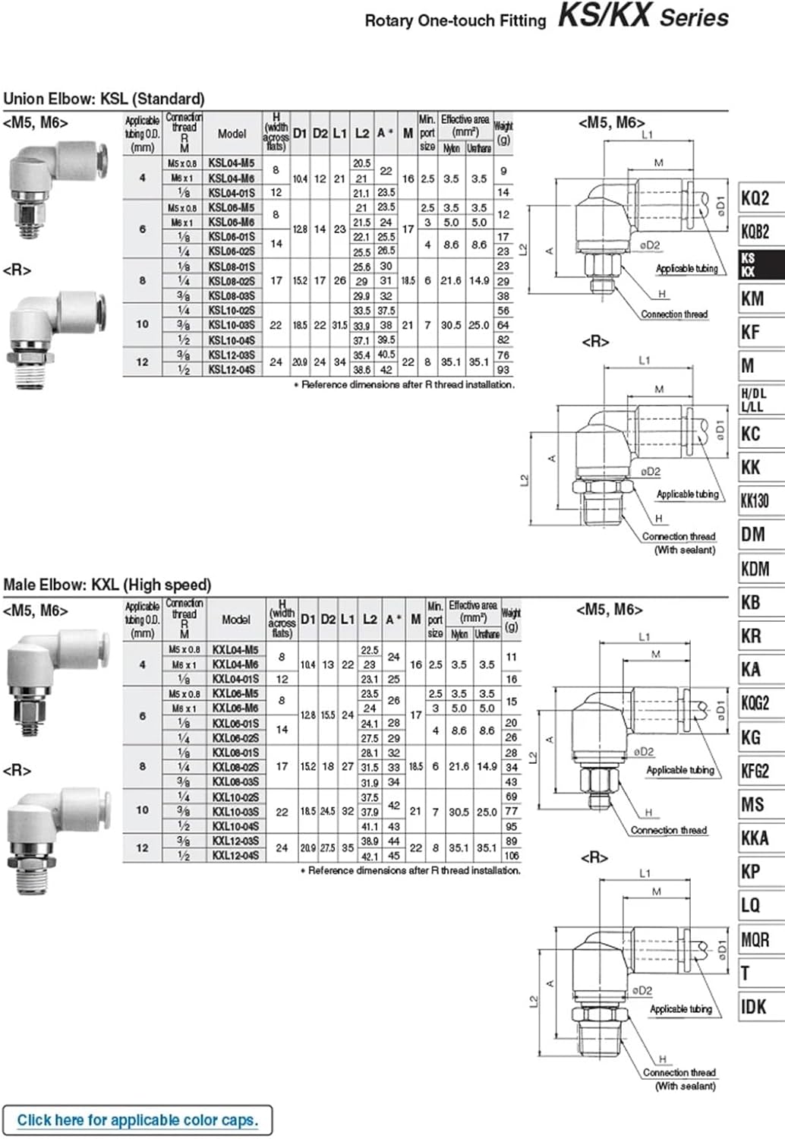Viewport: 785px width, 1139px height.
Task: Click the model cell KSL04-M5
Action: pos(231,163)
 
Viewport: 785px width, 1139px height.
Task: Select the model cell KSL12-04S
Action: pos(231,370)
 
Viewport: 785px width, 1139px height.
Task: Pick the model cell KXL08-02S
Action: pos(235,767)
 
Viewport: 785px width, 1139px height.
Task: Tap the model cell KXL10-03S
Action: pos(235,812)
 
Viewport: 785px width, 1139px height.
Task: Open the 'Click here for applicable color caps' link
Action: pos(137,1120)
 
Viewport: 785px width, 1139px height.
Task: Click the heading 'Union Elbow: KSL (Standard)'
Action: pos(104,99)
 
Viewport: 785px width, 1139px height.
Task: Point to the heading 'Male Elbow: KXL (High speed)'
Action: pos(107,585)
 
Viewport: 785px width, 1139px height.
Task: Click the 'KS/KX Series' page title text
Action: pos(642,17)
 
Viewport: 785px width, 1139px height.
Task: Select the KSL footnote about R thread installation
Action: pos(404,385)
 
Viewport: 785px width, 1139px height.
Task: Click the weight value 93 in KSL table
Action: pos(503,370)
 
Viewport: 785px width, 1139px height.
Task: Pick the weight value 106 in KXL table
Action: pos(511,856)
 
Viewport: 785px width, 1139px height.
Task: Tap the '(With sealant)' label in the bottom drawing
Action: pos(685,1086)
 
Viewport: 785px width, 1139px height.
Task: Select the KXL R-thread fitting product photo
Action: pos(55,839)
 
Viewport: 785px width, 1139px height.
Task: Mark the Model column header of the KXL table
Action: pos(235,620)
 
